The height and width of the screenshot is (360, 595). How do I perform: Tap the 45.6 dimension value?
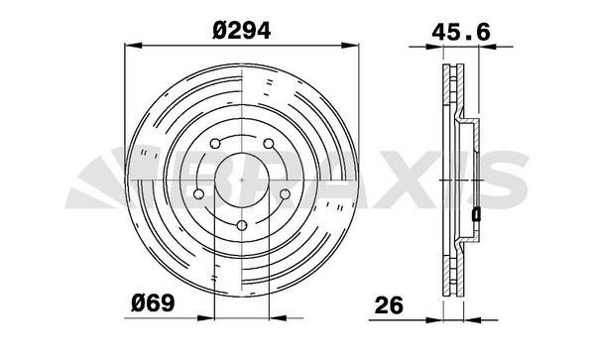tap(460, 32)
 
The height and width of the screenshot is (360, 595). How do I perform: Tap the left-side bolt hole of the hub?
tap(198, 193)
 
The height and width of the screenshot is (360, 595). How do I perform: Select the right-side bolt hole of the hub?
tap(285, 194)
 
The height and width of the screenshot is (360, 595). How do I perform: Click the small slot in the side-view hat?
tap(476, 211)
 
